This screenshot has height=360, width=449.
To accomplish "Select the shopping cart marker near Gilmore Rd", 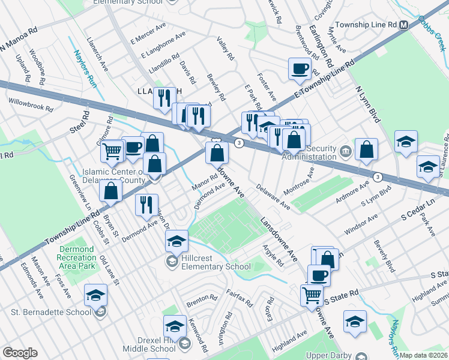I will click(x=112, y=152).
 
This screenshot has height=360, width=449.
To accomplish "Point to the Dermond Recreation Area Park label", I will click(x=70, y=257).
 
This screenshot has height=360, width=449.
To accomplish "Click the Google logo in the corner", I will click(x=20, y=353).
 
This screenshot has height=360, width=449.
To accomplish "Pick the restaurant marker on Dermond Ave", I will click(x=146, y=205).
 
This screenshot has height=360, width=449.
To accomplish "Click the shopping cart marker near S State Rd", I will click(x=312, y=295).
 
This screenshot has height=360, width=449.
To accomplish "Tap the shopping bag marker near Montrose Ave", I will click(x=366, y=149).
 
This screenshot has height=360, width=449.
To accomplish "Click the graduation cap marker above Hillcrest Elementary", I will click(x=176, y=241).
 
